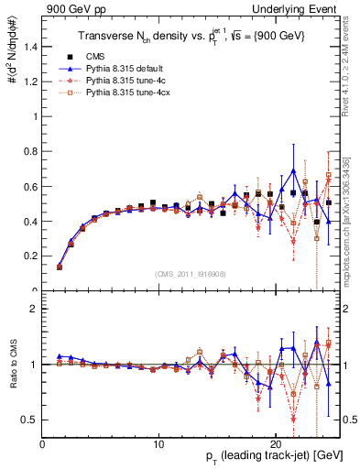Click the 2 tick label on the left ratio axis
[x=34, y=309]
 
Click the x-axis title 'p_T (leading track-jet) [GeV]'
[x=263, y=458]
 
